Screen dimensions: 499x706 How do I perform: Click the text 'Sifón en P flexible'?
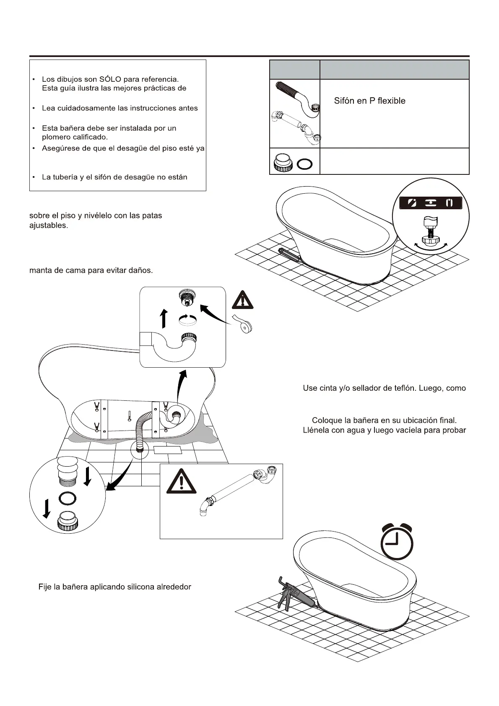[369, 101]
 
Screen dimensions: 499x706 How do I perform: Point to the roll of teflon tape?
[244, 324]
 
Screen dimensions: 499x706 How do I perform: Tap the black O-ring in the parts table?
[304, 164]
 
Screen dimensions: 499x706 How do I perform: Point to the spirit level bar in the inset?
[431, 203]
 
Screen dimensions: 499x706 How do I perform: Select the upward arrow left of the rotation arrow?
[165, 319]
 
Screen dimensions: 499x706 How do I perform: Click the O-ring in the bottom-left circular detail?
[68, 498]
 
